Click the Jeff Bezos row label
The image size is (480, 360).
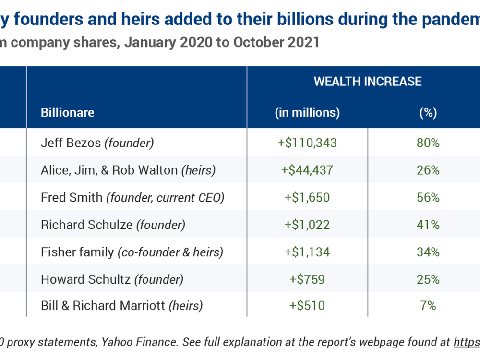click(97, 143)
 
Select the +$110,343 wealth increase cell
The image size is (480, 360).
click(307, 143)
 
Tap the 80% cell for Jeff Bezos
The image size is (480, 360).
click(428, 143)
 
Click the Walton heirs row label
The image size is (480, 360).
click(128, 170)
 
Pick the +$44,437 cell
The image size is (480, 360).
click(307, 170)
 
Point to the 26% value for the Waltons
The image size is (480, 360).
click(428, 170)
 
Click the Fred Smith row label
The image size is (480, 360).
click(132, 197)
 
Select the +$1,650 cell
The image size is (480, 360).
click(307, 197)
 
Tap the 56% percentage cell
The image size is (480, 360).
click(428, 197)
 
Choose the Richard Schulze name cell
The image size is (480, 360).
click(113, 225)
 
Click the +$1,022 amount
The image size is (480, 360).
click(307, 225)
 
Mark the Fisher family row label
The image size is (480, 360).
click(132, 252)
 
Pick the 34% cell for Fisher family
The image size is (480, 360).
click(428, 252)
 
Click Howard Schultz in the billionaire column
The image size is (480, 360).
click(112, 279)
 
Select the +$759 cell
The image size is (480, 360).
click(307, 279)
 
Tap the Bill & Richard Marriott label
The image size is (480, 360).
click(122, 305)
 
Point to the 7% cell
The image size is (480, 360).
click(428, 305)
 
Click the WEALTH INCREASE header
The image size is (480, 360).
click(368, 82)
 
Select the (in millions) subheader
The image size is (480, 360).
click(307, 113)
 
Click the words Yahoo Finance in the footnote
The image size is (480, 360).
click(139, 342)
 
